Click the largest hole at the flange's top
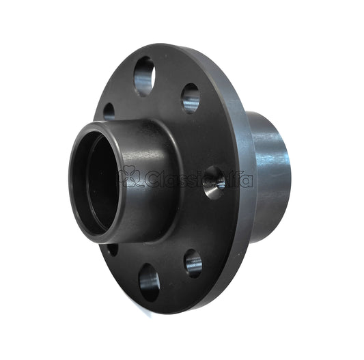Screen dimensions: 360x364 point(144,75)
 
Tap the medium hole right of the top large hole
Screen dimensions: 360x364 point(191,98)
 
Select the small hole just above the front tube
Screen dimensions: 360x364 point(109,111)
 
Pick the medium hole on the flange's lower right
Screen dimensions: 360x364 point(193,263)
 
